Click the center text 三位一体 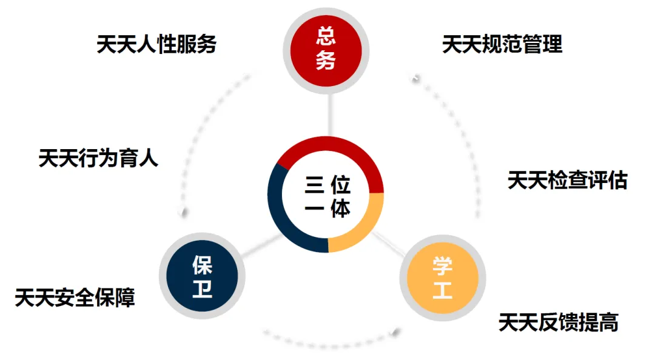click(x=327, y=196)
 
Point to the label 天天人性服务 click(x=156, y=44)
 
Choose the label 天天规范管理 click(x=502, y=44)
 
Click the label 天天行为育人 click(x=98, y=158)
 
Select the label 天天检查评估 click(x=567, y=180)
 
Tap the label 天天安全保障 click(x=75, y=298)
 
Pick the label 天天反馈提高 click(x=558, y=322)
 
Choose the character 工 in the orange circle click(x=442, y=289)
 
